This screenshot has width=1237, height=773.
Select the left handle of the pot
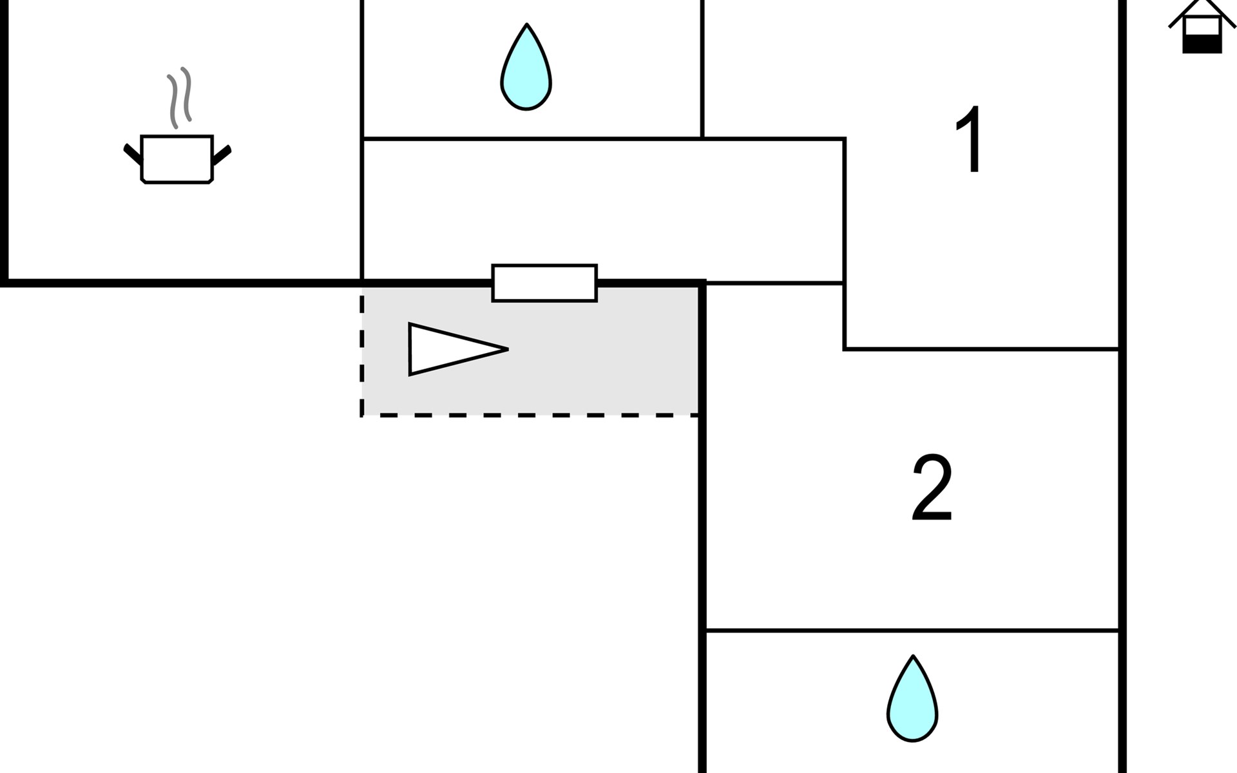click(133, 155)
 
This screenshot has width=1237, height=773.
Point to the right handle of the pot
click(222, 155)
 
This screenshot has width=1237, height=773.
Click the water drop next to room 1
click(526, 67)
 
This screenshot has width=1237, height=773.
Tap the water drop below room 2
click(912, 698)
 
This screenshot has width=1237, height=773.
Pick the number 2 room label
click(932, 488)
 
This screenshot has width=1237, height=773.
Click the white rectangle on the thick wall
click(544, 283)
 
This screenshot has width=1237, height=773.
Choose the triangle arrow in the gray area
click(451, 349)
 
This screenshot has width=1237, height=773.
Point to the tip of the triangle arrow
click(508, 349)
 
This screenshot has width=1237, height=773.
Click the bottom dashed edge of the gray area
click(530, 415)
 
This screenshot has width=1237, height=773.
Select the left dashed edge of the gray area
click(362, 352)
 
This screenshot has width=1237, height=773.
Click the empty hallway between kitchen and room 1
click(603, 211)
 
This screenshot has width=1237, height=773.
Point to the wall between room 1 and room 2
click(981, 349)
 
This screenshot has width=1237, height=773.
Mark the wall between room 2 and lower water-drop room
click(912, 631)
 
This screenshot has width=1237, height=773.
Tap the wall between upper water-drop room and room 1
click(702, 69)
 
